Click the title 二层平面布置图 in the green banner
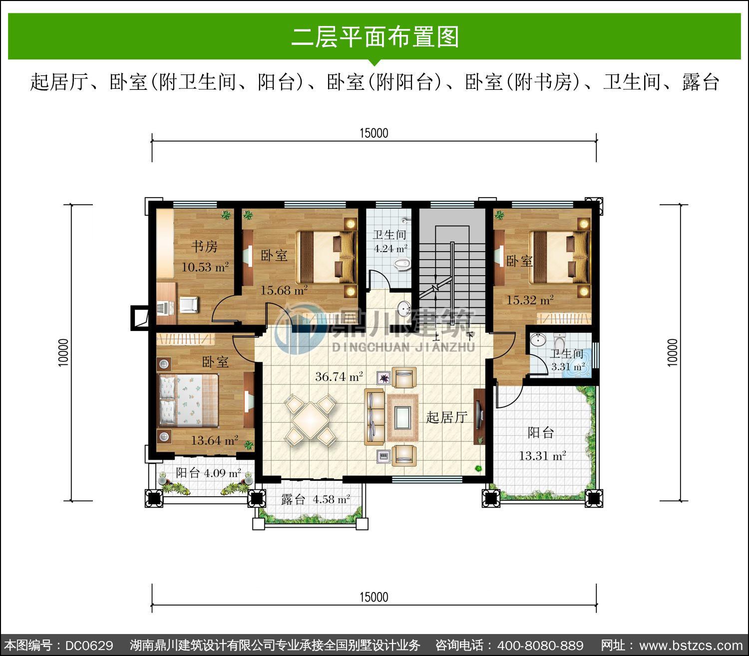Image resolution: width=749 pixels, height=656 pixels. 375,37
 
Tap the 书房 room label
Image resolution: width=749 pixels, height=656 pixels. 204,246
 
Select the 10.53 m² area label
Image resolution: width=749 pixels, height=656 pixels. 205,267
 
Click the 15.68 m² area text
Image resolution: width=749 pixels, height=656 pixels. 284,290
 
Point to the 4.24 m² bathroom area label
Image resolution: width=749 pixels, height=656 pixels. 390,249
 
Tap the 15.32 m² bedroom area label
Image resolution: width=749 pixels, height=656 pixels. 530,300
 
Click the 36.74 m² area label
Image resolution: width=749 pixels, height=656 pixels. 339,376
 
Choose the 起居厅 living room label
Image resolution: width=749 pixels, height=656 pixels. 446,417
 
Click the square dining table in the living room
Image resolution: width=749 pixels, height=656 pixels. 311,420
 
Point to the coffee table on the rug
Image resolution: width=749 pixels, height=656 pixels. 402,418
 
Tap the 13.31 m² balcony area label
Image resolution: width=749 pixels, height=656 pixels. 542,456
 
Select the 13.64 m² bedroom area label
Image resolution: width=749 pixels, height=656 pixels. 214,440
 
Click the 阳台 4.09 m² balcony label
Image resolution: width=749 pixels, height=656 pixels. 208,473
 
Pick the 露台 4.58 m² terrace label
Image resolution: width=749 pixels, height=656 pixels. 316,499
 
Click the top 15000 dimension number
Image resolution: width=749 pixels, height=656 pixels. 374,133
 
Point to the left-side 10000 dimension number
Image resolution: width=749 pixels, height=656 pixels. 63,352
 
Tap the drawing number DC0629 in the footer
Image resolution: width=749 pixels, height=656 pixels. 89,646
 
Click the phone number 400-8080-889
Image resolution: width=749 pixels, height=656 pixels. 540,646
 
